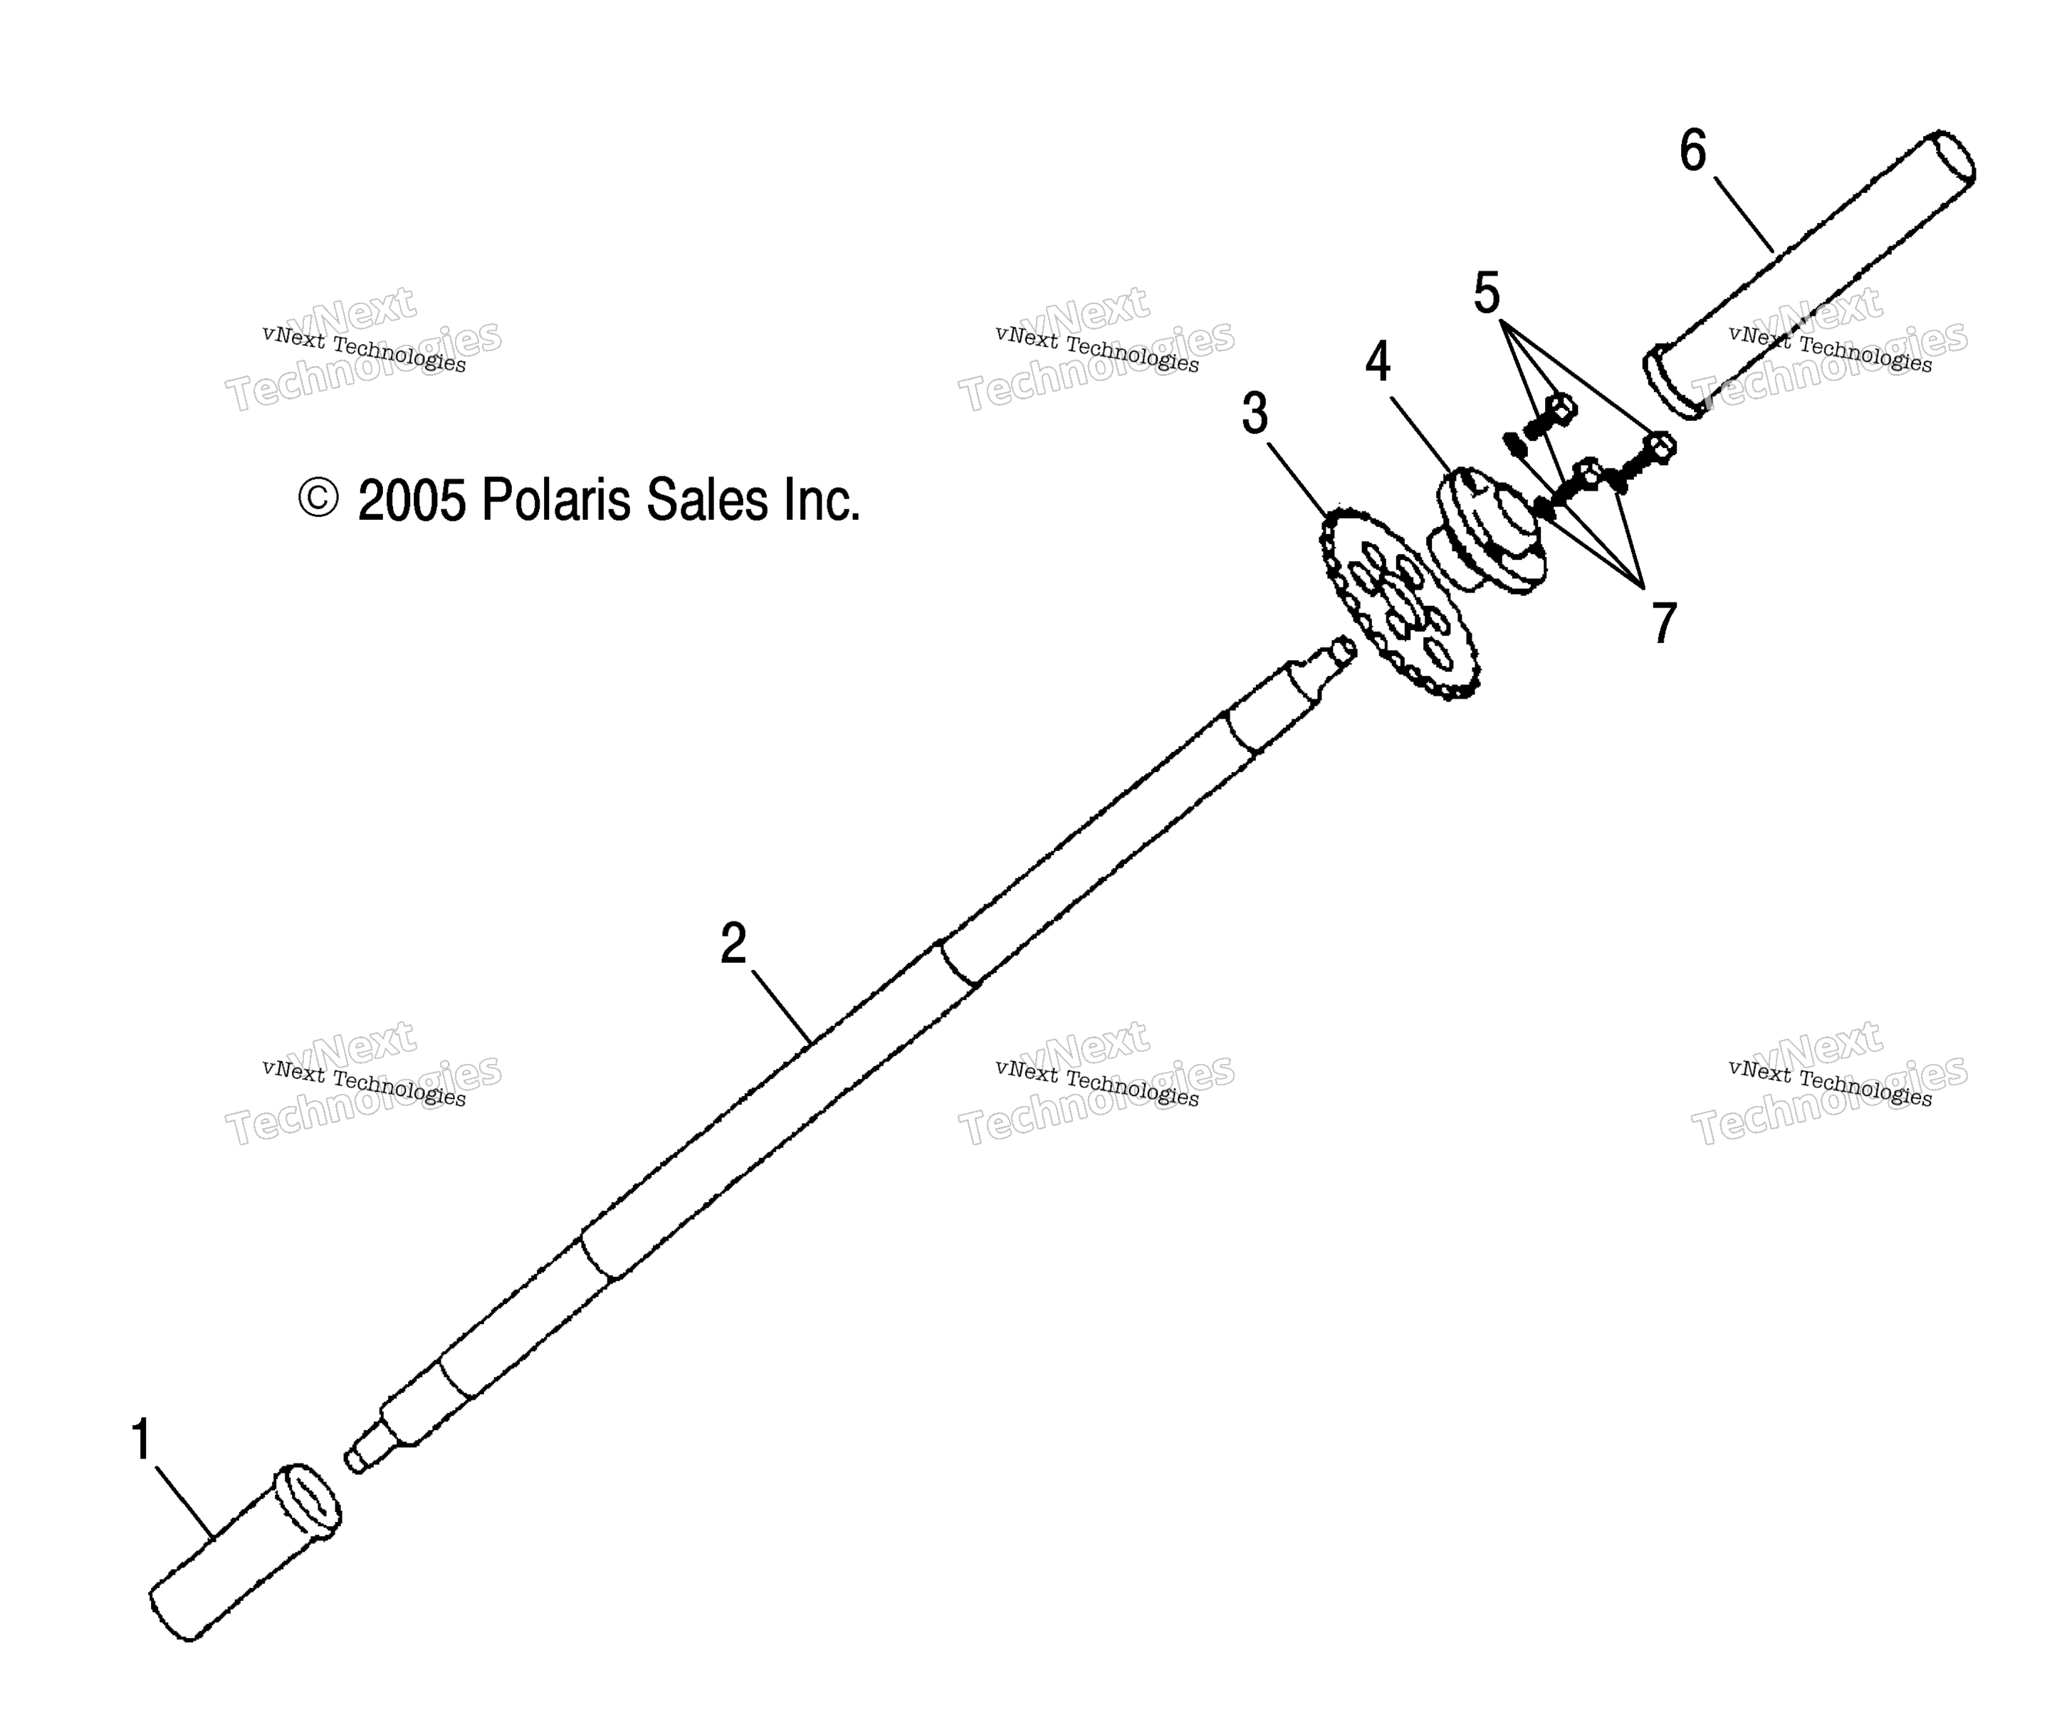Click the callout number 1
[x=142, y=1440]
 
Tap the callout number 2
[x=733, y=943]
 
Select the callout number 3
[x=1255, y=413]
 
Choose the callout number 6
[x=1692, y=151]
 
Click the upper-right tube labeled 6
[x=1808, y=274]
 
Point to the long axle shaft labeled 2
[x=849, y=1054]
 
